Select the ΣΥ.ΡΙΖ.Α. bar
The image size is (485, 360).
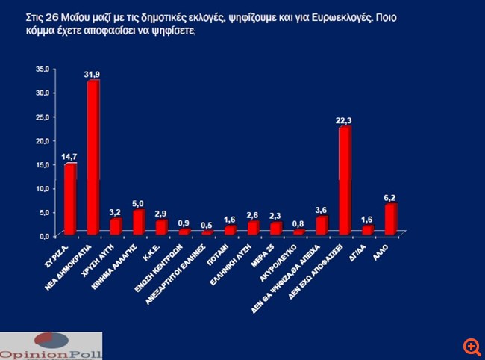coord(70,198)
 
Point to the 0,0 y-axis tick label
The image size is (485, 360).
coord(44,235)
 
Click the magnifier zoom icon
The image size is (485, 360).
coord(471,346)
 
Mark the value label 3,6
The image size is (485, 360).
coord(322,210)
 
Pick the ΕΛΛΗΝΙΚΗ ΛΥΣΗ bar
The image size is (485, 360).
coord(253,227)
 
